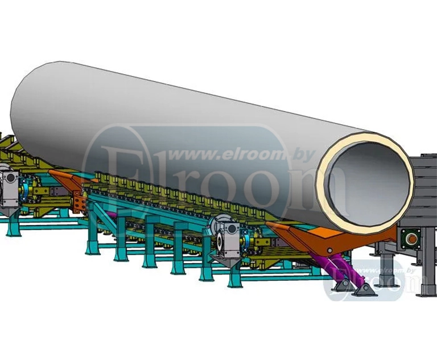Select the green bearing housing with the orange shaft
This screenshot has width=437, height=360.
[x=411, y=239]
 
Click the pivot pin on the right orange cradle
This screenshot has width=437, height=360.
[x=329, y=250]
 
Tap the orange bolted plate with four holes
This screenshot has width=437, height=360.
[x=79, y=202]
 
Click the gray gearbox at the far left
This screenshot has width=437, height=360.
[x=10, y=189]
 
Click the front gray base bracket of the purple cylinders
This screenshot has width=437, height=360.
[x=362, y=291]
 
